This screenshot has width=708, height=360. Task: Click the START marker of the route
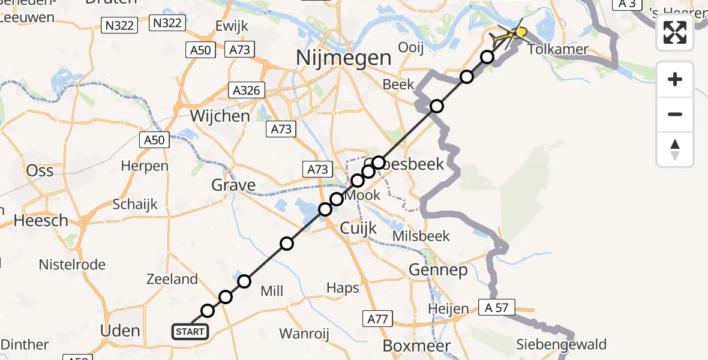pos(190,332)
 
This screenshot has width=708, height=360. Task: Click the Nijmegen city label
pos(344,58)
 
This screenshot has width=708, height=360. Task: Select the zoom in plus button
pos(675,79)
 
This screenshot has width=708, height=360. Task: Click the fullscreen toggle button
pos(675,32)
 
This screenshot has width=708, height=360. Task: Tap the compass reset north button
pos(675,149)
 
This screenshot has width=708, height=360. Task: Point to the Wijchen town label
pos(219,116)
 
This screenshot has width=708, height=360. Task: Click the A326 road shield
pos(247,91)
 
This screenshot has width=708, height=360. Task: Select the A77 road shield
pos(377,319)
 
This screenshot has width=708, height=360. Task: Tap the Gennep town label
pos(438,271)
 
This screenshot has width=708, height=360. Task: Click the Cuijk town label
pos(358,228)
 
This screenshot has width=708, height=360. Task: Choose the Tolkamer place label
pos(558,49)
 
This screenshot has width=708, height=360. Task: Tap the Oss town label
pos(40,170)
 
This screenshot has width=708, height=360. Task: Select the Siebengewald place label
pos(562,344)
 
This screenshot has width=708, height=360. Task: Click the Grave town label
pos(233,185)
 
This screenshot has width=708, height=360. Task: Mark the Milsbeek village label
pos(421,236)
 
